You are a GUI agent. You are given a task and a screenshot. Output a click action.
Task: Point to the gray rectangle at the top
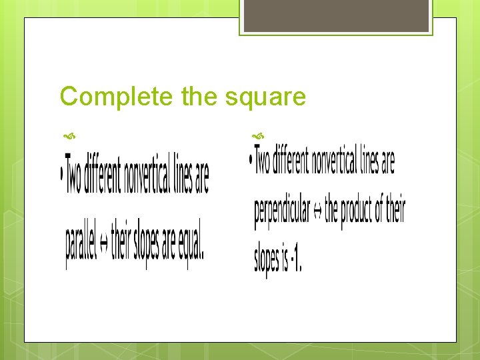point(337,15)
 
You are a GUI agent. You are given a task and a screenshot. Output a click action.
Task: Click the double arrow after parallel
point(103,245)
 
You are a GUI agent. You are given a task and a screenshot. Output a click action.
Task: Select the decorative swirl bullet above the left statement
point(67,136)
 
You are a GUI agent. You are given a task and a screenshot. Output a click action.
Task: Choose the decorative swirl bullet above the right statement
point(256,136)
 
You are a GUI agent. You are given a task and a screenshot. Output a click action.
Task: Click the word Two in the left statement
point(74,177)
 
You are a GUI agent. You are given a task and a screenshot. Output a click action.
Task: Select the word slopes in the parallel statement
point(147,245)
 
